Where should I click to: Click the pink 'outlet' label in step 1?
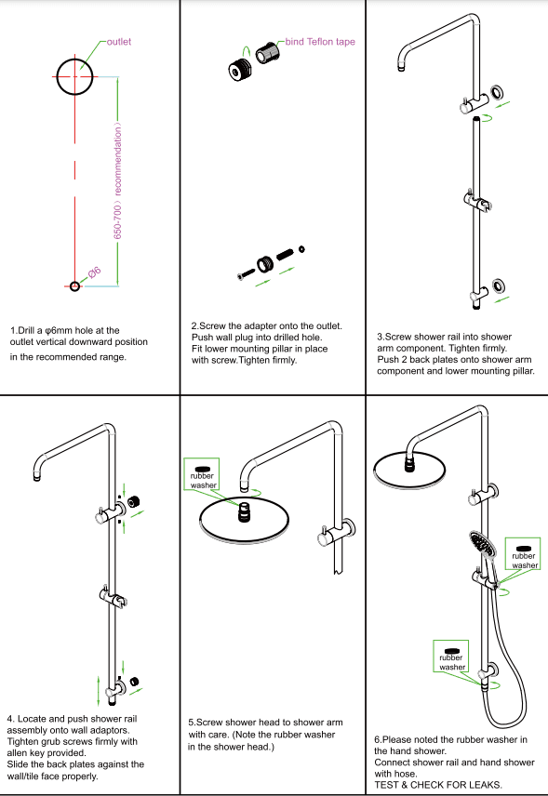[x=119, y=42]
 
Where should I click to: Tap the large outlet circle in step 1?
[x=58, y=77]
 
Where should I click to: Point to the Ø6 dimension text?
[x=95, y=272]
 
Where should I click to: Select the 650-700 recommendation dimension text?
[x=117, y=180]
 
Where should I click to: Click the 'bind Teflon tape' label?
[x=320, y=42]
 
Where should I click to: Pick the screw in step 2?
[x=247, y=274]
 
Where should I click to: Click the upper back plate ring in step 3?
[x=497, y=92]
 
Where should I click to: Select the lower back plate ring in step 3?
[x=500, y=285]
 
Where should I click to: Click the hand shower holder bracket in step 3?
[x=477, y=201]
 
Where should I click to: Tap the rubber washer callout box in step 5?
[x=202, y=474]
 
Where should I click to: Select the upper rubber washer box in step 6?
[x=523, y=554]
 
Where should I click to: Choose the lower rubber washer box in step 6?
[x=451, y=657]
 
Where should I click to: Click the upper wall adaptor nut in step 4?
[x=134, y=502]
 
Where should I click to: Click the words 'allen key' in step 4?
[x=26, y=753]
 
